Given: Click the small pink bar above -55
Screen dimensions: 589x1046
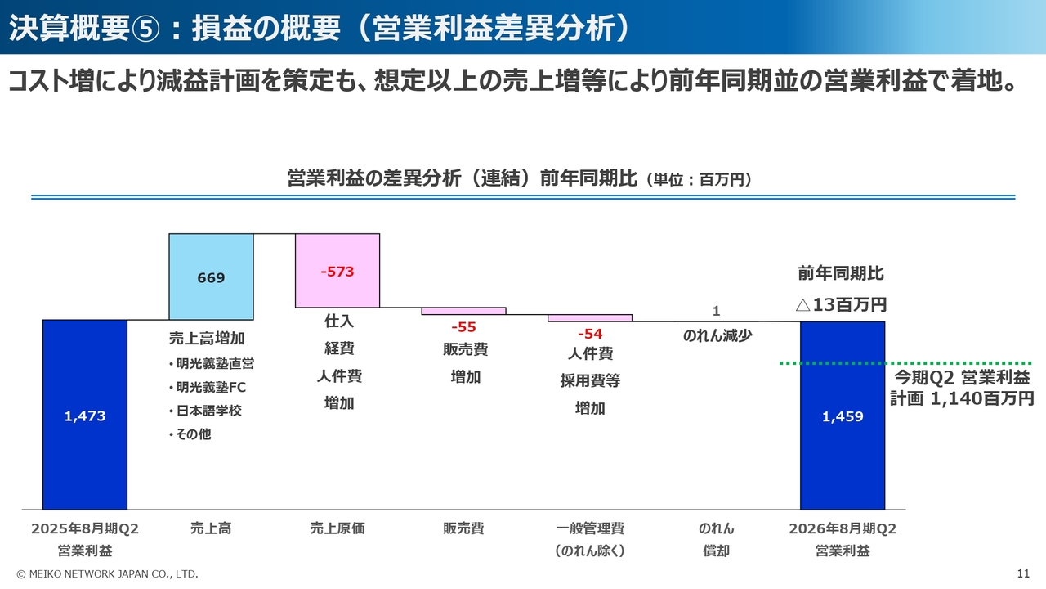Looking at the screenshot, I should [463, 311].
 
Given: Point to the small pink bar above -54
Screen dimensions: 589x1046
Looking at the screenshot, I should [590, 317].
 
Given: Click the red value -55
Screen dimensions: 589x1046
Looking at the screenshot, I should [463, 327].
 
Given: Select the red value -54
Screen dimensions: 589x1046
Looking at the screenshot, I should [590, 334].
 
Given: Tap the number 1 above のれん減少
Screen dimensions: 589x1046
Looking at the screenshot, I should [716, 311].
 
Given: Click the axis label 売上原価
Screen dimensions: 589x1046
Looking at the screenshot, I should [337, 528].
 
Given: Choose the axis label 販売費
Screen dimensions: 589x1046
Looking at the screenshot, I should [463, 528].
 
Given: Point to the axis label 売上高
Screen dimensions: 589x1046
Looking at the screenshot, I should [211, 528].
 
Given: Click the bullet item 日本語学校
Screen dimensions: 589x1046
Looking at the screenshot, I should [209, 411].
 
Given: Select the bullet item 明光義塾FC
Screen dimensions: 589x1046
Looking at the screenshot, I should [211, 387].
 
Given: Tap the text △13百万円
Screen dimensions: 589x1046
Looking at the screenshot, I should [841, 305].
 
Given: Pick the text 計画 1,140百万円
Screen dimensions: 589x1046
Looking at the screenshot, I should [962, 398].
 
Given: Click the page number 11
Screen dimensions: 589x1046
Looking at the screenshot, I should [1023, 573].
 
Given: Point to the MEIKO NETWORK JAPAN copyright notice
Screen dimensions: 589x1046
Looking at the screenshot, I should [107, 573].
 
